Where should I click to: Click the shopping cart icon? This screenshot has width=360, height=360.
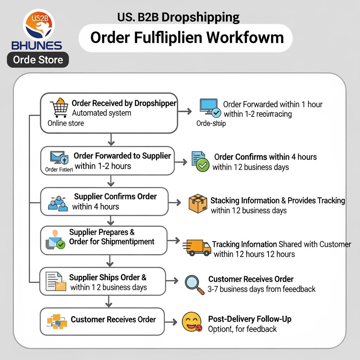[59, 107]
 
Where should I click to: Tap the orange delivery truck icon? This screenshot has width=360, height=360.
[197, 247]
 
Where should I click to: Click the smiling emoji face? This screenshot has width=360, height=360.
[192, 322]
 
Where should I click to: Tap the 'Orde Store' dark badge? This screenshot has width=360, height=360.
[38, 60]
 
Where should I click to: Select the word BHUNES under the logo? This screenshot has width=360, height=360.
[37, 45]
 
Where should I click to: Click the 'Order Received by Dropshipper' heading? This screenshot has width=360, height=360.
[124, 103]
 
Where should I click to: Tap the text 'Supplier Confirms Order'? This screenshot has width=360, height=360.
[115, 197]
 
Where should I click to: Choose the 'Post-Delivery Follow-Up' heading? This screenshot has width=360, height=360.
[250, 319]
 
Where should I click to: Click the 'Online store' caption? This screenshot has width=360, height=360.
[66, 123]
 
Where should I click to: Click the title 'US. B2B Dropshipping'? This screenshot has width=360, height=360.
[179, 17]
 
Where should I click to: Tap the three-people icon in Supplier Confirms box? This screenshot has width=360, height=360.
[58, 204]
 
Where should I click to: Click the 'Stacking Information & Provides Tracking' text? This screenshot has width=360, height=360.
[277, 200]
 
